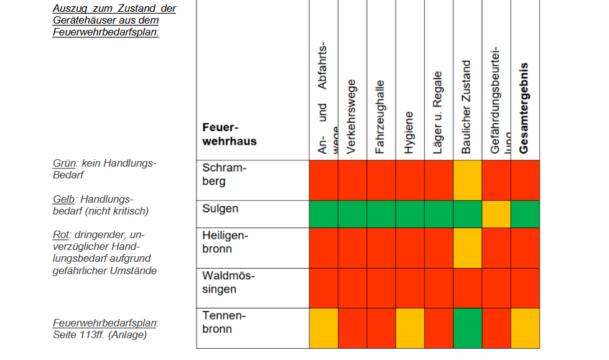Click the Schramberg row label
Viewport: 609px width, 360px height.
click(225, 175)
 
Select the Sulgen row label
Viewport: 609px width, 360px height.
click(220, 208)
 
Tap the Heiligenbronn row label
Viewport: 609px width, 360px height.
click(225, 242)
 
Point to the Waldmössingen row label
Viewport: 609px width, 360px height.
click(228, 283)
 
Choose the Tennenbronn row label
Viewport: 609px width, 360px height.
click(224, 322)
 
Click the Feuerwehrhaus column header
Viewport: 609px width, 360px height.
click(229, 134)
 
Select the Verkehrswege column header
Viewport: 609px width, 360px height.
click(351, 116)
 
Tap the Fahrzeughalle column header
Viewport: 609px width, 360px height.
click(380, 116)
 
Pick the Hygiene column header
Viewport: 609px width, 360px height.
click(409, 132)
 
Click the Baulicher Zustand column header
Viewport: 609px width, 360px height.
click(467, 107)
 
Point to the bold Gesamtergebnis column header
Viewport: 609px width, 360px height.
click(524, 108)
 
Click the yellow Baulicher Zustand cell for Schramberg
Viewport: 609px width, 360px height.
click(467, 180)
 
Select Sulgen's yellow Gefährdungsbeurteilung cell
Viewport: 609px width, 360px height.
click(496, 214)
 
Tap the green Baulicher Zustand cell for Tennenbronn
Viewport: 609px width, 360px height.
click(467, 328)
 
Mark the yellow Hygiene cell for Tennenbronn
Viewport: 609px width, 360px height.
click(410, 328)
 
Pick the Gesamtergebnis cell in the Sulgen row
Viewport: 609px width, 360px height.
click(525, 214)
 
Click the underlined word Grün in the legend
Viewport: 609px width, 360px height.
click(64, 164)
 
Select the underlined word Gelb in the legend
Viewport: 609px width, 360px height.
click(64, 199)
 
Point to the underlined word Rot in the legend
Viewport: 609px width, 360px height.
click(60, 235)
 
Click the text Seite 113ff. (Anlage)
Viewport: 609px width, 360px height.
click(100, 335)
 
